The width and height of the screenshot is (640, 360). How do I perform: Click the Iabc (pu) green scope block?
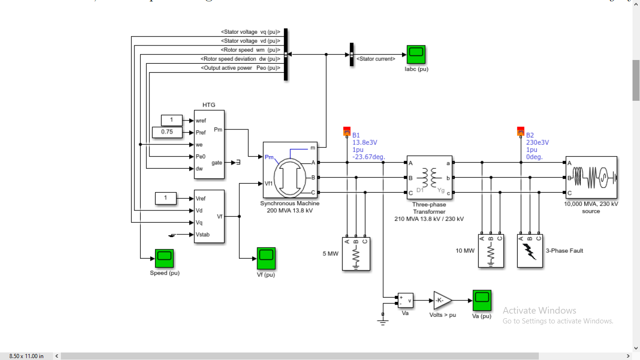pyautogui.click(x=416, y=55)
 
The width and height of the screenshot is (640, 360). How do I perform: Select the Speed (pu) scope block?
pyautogui.click(x=164, y=258)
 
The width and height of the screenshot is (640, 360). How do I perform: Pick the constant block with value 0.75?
pyautogui.click(x=167, y=132)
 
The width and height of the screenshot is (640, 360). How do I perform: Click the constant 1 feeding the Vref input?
pyautogui.click(x=165, y=198)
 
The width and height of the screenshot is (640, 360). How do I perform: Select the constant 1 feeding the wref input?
pyautogui.click(x=171, y=120)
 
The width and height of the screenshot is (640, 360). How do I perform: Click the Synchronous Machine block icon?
pyautogui.click(x=290, y=171)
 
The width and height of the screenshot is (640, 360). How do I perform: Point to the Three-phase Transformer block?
pyautogui.click(x=429, y=178)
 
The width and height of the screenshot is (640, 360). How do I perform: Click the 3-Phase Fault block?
pyautogui.click(x=530, y=251)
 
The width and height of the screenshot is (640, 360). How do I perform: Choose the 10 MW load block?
pyautogui.click(x=491, y=251)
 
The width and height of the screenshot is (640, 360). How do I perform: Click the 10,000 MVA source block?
pyautogui.click(x=591, y=178)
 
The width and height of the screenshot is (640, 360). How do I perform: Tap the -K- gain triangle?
pyautogui.click(x=442, y=300)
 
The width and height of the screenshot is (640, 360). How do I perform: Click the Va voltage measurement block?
pyautogui.click(x=405, y=300)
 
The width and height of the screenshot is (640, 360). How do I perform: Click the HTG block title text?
pyautogui.click(x=208, y=105)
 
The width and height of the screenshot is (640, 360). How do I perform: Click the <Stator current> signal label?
pyautogui.click(x=376, y=59)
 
